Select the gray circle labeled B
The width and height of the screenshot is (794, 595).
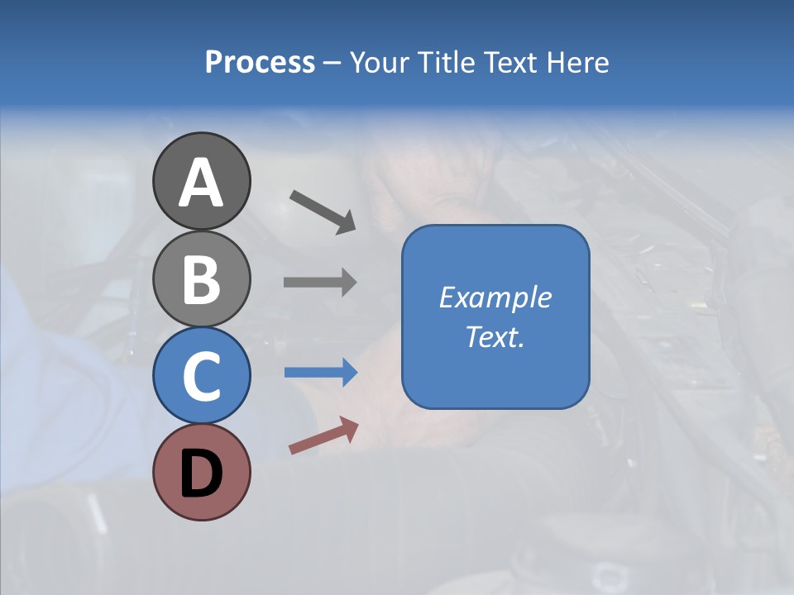(x=201, y=278)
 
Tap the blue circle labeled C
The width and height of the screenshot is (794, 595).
(x=201, y=375)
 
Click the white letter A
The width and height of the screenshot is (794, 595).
(x=201, y=183)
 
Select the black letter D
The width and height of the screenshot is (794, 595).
(x=201, y=474)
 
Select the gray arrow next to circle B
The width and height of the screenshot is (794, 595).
(x=320, y=282)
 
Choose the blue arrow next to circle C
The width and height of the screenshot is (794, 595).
(x=320, y=372)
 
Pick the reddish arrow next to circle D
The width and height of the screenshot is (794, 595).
(x=323, y=436)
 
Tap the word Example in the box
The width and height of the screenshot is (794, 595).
(x=495, y=297)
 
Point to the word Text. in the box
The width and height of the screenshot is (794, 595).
(x=495, y=336)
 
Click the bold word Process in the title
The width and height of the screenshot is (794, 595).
(x=260, y=63)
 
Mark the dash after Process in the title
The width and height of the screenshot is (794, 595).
(x=332, y=64)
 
